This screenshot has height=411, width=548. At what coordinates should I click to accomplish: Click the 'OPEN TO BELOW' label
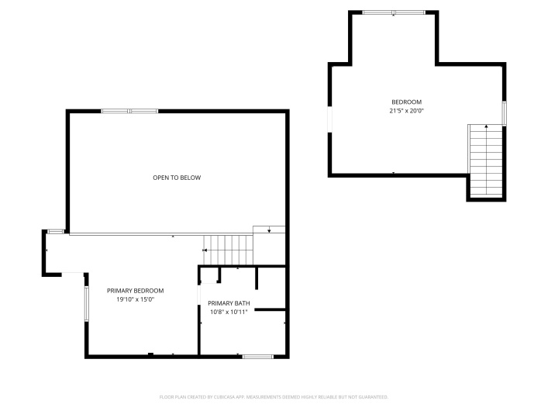click(x=176, y=178)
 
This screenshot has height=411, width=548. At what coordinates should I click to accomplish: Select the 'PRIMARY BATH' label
click(x=228, y=303)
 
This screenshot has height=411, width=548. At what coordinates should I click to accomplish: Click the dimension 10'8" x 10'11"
click(x=228, y=312)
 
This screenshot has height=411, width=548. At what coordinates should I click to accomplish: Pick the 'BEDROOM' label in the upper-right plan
click(x=406, y=102)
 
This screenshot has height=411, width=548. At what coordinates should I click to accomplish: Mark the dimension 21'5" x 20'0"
click(x=406, y=111)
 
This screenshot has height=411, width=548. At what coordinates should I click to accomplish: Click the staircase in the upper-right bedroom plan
click(x=486, y=161)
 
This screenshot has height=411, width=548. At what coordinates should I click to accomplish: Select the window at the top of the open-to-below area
click(x=129, y=112)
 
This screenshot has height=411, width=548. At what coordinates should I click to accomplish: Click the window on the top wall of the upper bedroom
click(x=393, y=12)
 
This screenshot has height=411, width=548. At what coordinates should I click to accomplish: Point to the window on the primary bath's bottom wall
click(x=257, y=356)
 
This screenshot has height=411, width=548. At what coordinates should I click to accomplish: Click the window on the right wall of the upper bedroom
click(x=504, y=113)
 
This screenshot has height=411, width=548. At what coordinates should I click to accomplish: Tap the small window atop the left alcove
click(x=55, y=231)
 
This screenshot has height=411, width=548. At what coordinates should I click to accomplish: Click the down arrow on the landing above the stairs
click(x=268, y=230)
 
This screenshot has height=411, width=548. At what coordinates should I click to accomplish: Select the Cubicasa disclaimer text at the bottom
click(x=274, y=397)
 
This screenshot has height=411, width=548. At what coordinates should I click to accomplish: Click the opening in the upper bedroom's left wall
click(x=330, y=120)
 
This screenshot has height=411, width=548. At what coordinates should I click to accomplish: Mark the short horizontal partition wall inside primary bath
click(x=271, y=310)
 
